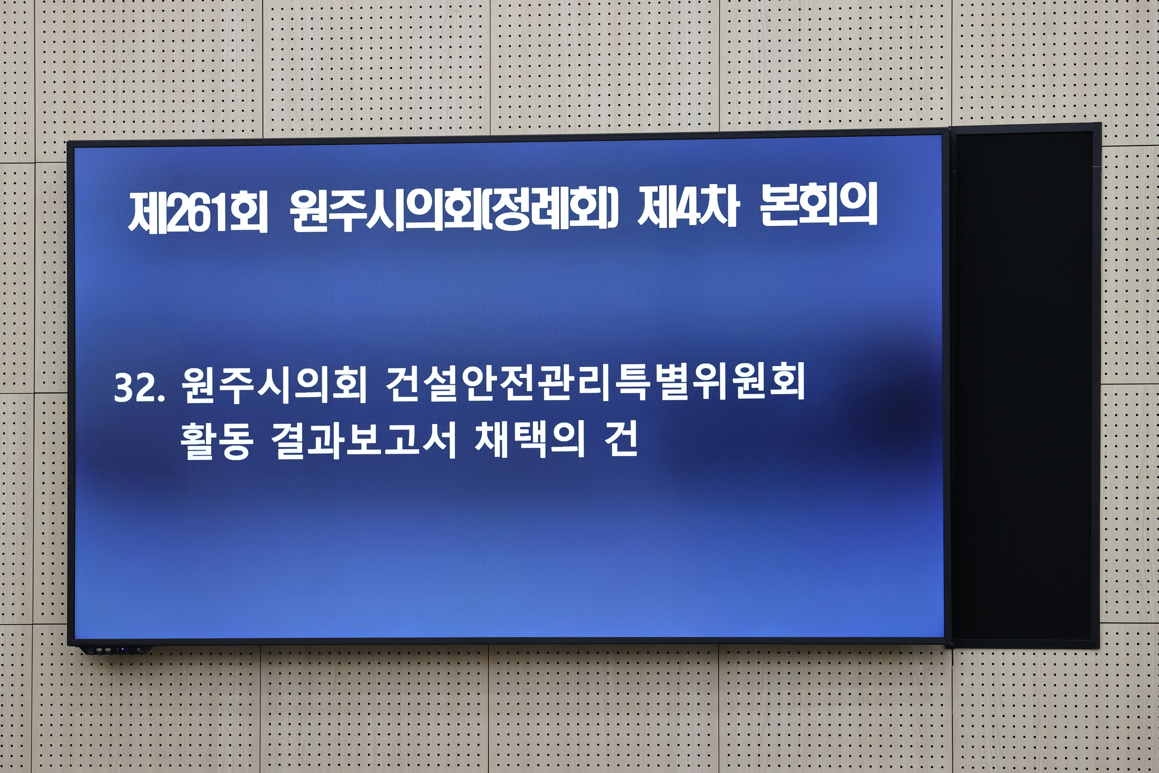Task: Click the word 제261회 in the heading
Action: [198, 213]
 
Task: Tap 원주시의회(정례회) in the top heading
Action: [454, 210]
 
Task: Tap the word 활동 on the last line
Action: [217, 441]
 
